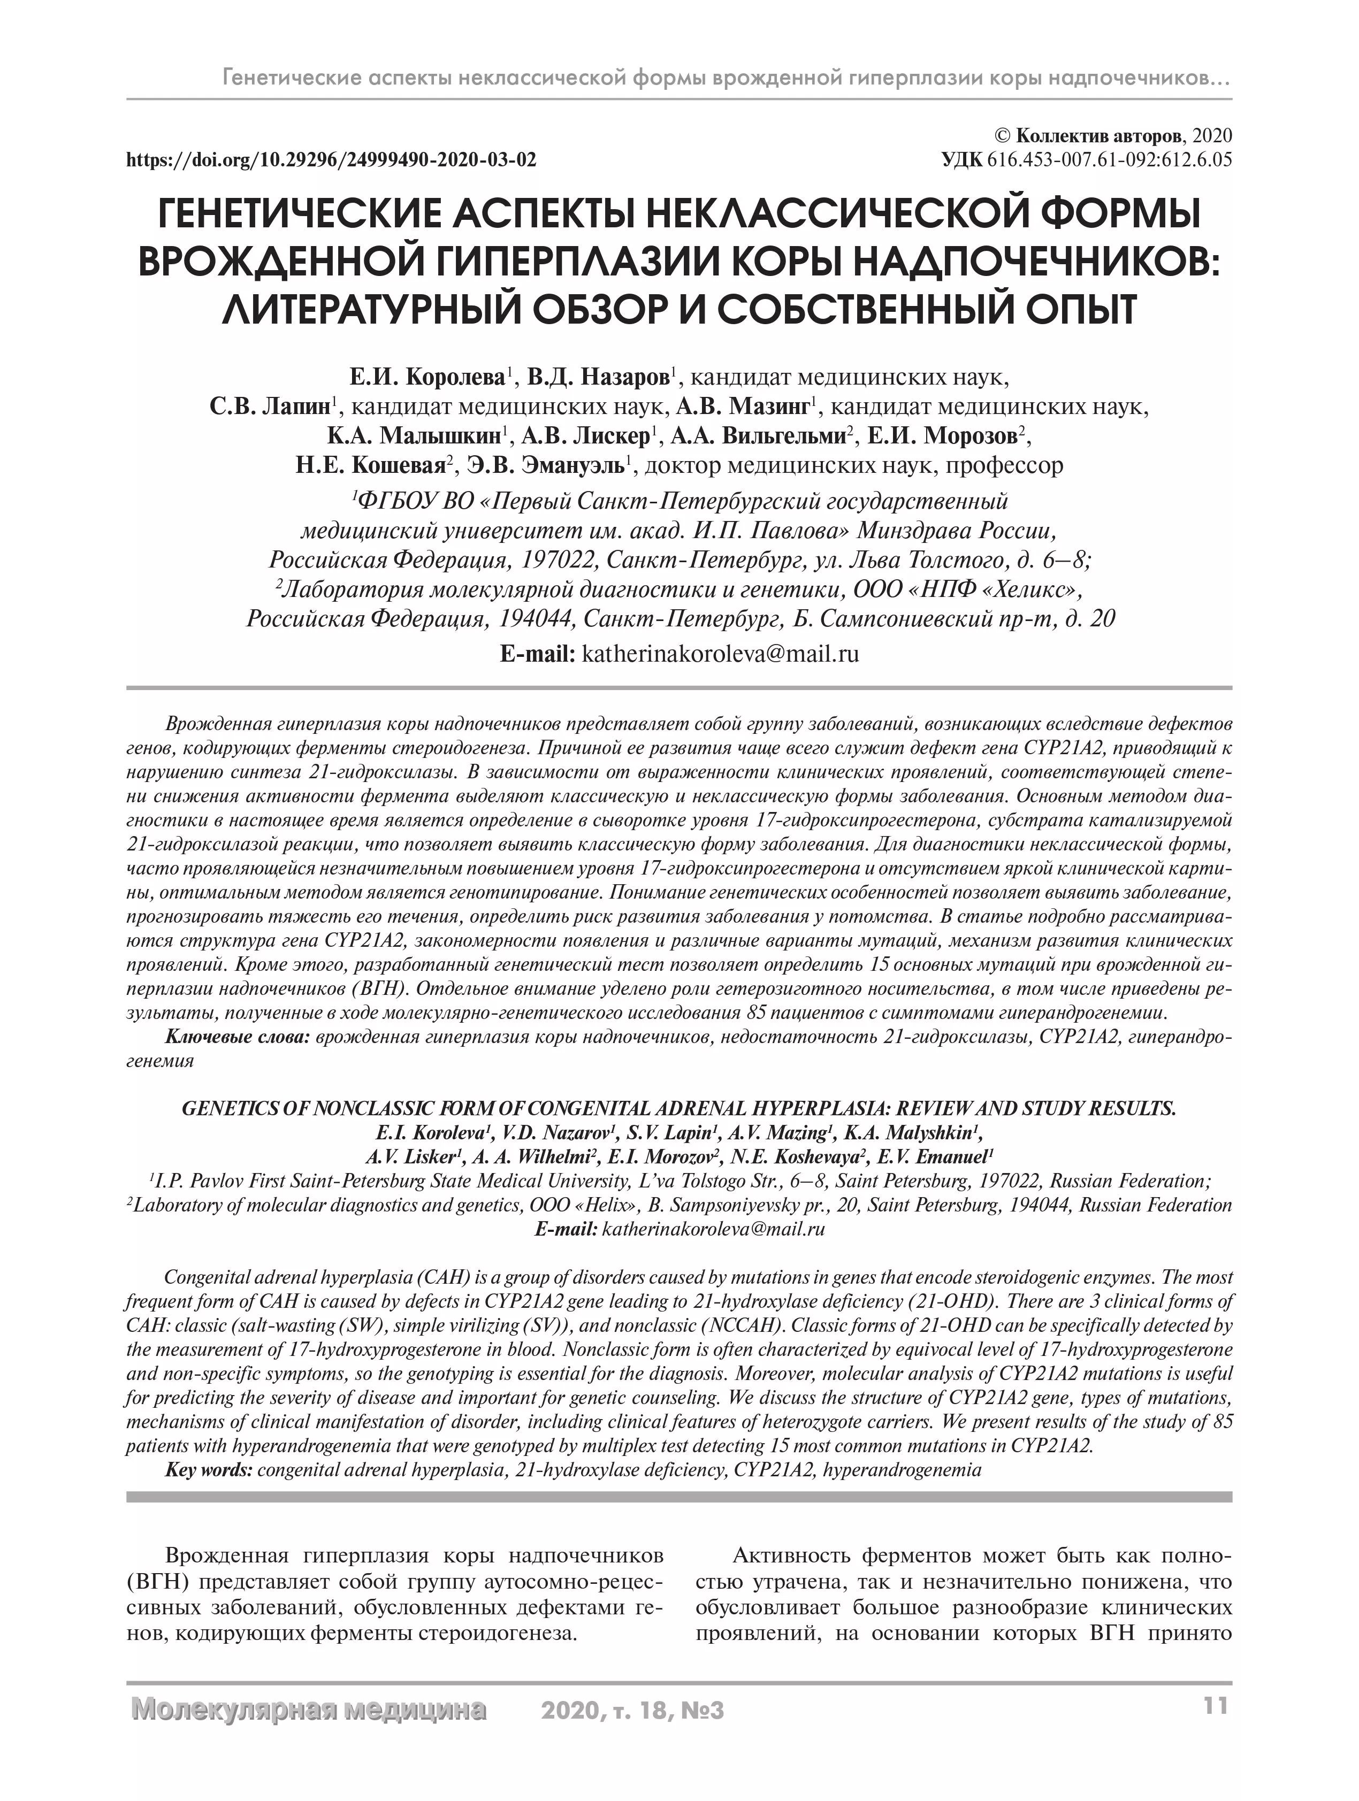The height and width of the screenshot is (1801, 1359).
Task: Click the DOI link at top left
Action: (x=331, y=159)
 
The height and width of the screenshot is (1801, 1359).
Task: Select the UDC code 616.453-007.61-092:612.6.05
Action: (x=1109, y=159)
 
